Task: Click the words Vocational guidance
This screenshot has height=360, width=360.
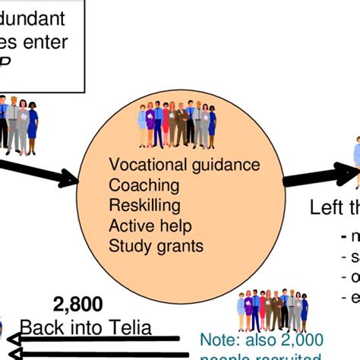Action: pyautogui.click(x=185, y=165)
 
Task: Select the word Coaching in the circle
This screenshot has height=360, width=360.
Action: pyautogui.click(x=144, y=185)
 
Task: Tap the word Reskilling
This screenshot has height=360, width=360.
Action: pyautogui.click(x=145, y=205)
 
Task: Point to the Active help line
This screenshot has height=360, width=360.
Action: pyautogui.click(x=150, y=226)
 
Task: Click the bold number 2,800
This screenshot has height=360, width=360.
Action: pyautogui.click(x=77, y=305)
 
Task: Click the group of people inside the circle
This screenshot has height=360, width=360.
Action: pyautogui.click(x=176, y=125)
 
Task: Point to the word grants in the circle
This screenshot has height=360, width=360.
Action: pyautogui.click(x=177, y=245)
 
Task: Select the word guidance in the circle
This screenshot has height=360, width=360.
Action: pyautogui.click(x=225, y=165)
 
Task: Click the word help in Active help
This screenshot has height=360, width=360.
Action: pyautogui.click(x=175, y=226)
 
